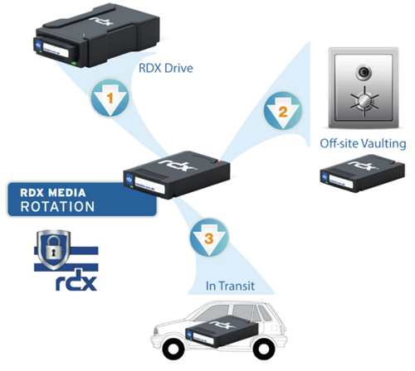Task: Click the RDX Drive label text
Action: tap(166, 68)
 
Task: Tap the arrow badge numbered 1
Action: tap(110, 98)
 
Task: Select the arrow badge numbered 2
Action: tap(283, 111)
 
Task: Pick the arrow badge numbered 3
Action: tap(209, 238)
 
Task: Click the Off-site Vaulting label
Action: tap(363, 144)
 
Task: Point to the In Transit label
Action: tap(230, 286)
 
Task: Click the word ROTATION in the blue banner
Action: tap(57, 207)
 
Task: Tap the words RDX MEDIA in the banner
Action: tap(53, 193)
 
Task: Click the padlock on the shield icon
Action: tap(53, 248)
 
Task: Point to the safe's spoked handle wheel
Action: tap(364, 101)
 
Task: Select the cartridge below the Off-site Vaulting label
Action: tap(363, 173)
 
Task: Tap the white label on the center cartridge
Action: tap(149, 185)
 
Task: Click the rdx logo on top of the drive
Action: tap(101, 22)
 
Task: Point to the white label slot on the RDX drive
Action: tap(56, 49)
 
